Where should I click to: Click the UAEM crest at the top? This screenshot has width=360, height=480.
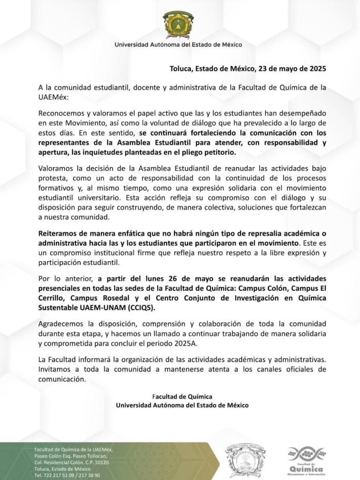pyautogui.click(x=178, y=23)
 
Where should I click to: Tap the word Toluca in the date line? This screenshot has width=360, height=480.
pyautogui.click(x=182, y=68)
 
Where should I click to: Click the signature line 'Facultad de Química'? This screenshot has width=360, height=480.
pyautogui.click(x=182, y=396)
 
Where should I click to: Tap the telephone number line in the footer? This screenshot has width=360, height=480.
pyautogui.click(x=67, y=475)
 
